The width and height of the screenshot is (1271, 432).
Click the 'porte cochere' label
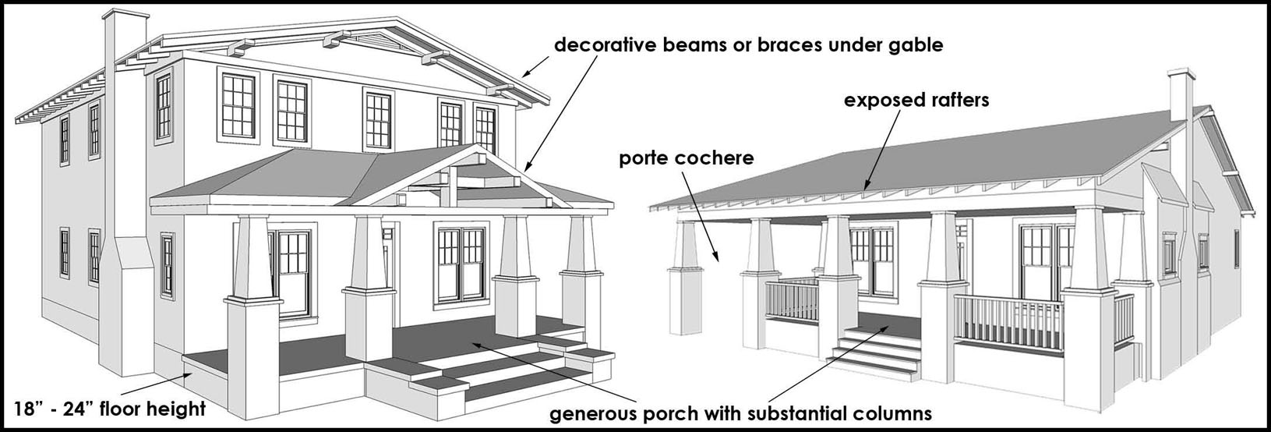click(687, 159)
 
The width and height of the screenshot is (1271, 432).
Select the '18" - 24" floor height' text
click(110, 409)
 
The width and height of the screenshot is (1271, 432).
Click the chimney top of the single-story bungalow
click(1181, 76)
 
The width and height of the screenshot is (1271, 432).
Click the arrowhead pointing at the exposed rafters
click(866, 186)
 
